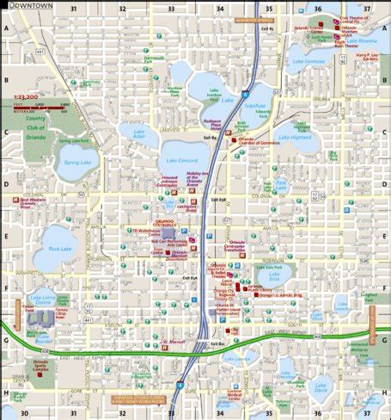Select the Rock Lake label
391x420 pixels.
coord(60,249)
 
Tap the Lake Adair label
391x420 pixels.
coord(138,134)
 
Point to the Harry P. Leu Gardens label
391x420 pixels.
coord(367,59)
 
